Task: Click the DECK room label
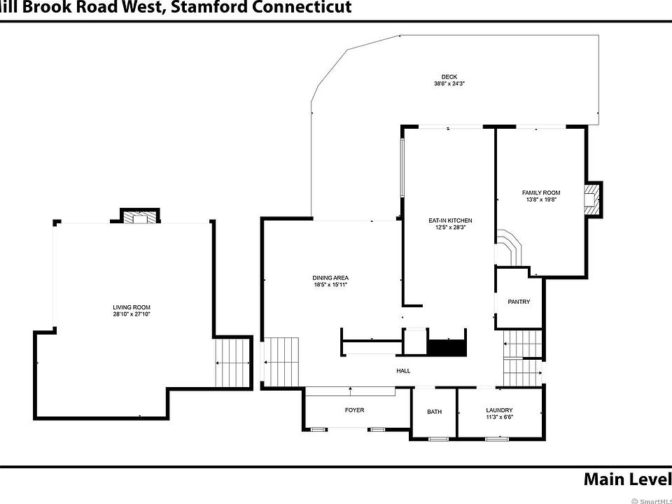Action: [449, 77]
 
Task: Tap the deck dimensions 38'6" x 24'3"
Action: [449, 84]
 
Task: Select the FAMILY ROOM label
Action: [541, 192]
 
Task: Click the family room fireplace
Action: [594, 198]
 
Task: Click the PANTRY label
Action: [519, 302]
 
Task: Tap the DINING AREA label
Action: [330, 278]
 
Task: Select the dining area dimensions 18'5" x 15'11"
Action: [330, 285]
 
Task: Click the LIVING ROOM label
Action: [132, 307]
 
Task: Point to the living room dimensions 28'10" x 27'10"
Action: [132, 314]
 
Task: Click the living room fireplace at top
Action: [140, 218]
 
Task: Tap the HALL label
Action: [403, 371]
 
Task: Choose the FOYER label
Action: [355, 410]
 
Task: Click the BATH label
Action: [434, 412]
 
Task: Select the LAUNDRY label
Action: [499, 410]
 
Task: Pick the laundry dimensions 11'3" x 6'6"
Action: [499, 417]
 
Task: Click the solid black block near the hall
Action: [447, 347]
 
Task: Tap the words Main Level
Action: [626, 479]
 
